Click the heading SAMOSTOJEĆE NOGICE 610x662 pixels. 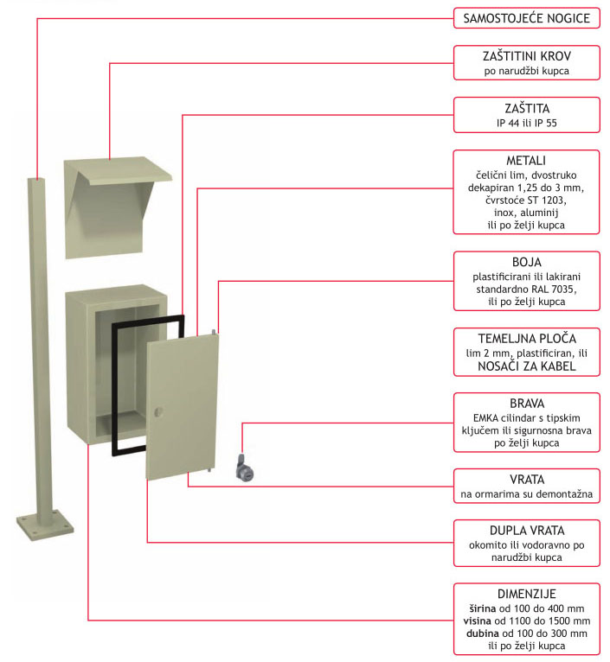(527, 18)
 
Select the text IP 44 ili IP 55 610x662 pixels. (527, 124)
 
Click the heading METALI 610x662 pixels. (527, 162)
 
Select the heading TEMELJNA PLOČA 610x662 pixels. (527, 338)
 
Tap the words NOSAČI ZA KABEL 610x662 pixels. (527, 366)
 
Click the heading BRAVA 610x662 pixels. (527, 403)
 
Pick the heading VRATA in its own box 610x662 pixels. (527, 479)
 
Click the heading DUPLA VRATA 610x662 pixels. (527, 530)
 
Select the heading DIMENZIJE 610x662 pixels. (527, 594)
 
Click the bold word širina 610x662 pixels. (479, 608)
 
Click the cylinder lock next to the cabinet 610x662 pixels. (244, 468)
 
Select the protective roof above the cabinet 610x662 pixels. (107, 199)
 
